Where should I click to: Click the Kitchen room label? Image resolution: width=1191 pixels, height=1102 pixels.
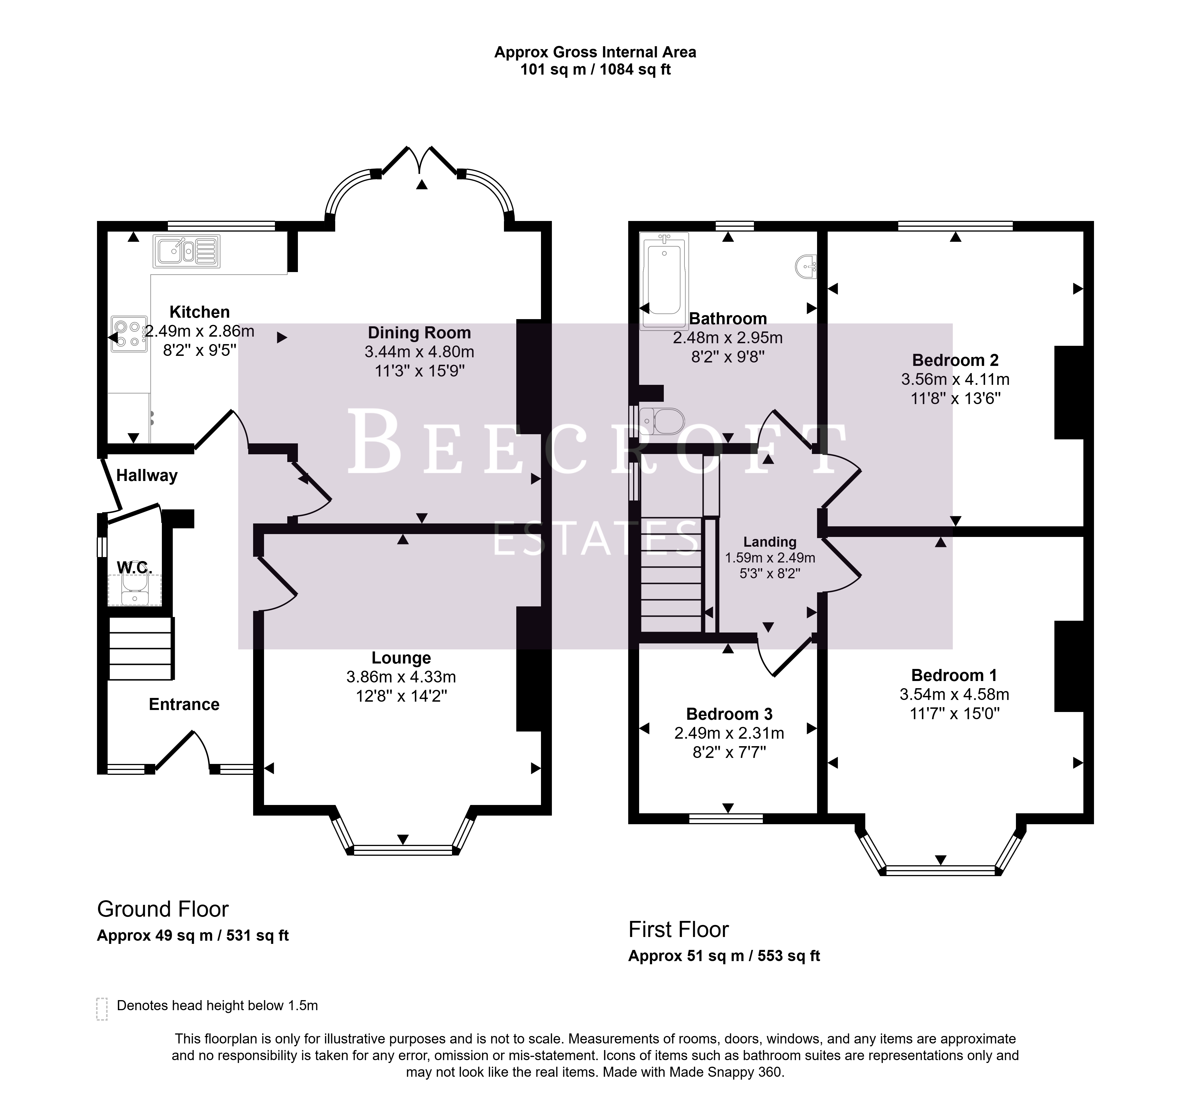coord(199,312)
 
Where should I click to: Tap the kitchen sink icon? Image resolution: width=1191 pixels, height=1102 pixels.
coord(186,251)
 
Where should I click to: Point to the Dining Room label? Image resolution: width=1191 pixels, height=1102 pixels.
coord(419,333)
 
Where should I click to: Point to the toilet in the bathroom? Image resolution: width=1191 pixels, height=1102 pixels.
coord(661,421)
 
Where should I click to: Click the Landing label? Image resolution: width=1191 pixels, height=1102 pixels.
coord(769,542)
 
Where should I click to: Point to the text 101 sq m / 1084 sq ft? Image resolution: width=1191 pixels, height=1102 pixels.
coord(595,70)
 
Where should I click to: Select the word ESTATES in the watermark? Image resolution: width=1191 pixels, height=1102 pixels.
coord(596,538)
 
